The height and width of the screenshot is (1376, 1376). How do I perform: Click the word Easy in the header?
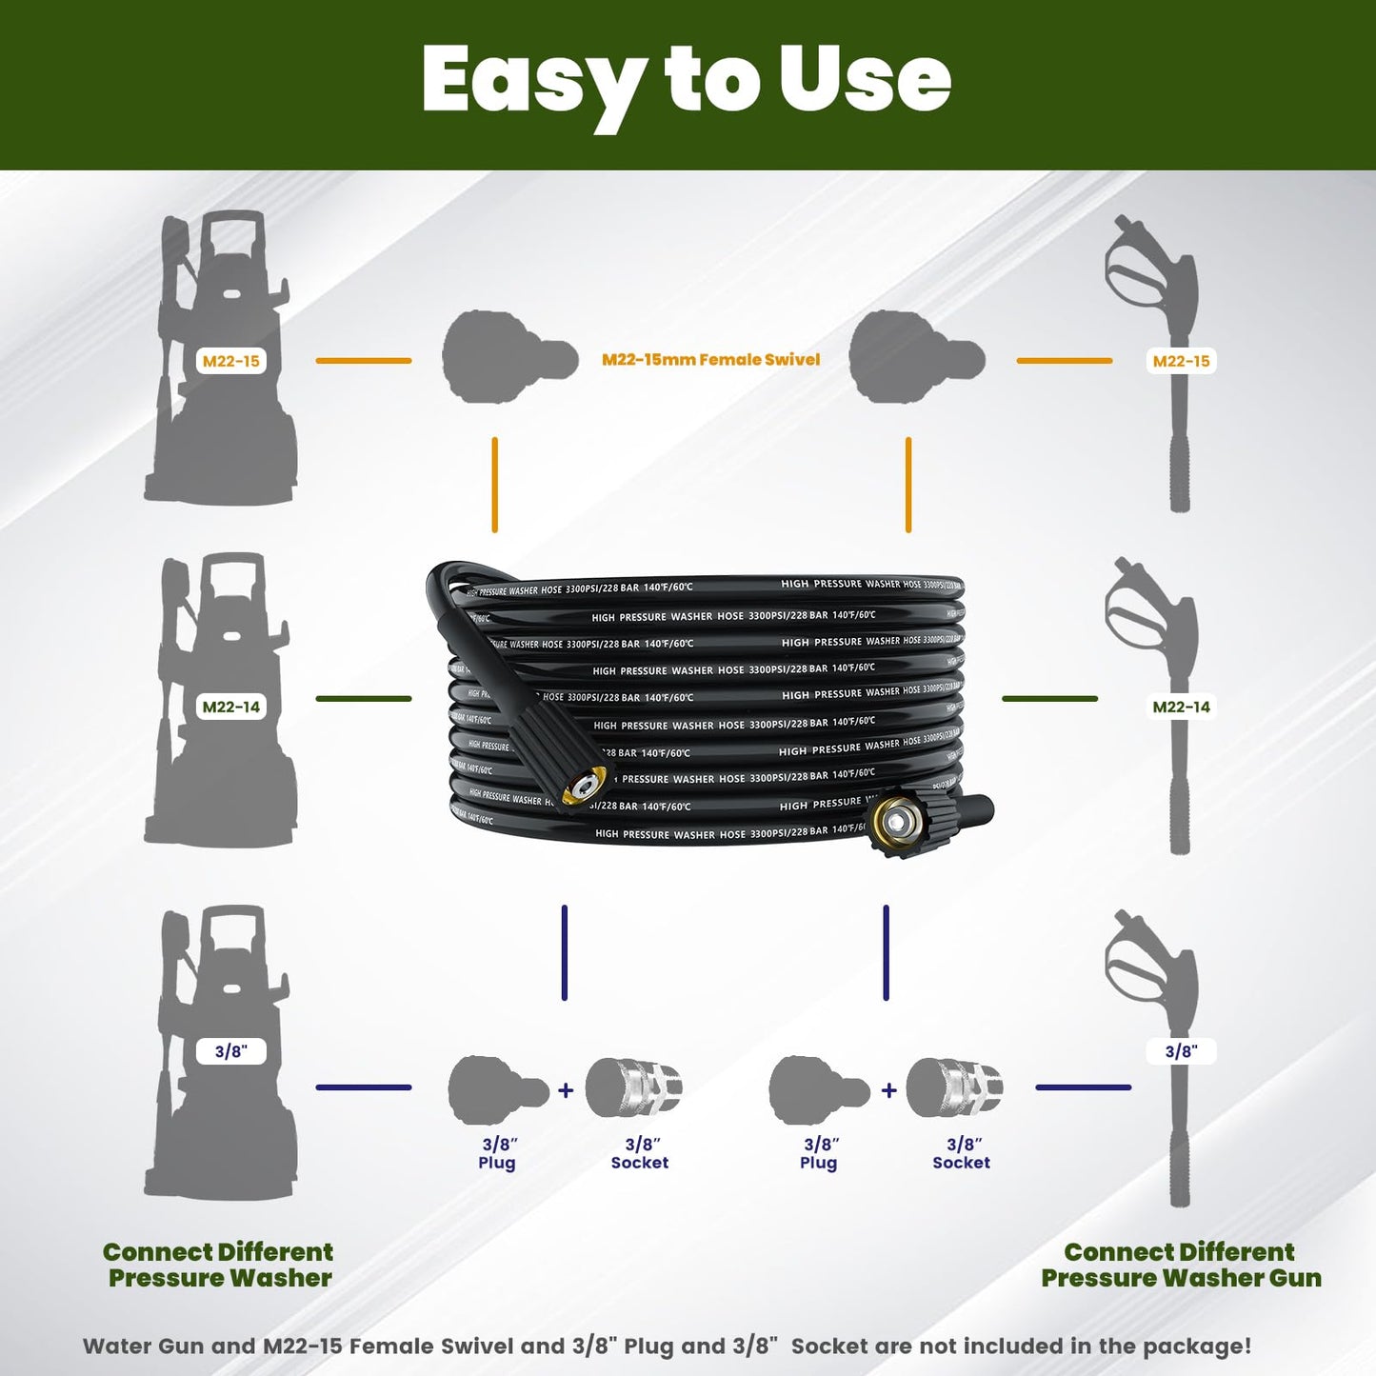533,81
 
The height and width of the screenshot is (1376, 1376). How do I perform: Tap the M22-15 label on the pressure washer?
230,361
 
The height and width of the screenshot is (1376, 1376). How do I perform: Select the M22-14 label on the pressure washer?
230,707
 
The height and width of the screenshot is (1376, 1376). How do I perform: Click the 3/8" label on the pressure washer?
230,1051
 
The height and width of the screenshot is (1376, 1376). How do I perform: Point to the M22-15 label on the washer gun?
1181,361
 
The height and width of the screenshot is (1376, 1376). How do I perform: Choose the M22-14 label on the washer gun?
1181,707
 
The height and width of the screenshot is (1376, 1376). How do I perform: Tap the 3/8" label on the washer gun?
1181,1051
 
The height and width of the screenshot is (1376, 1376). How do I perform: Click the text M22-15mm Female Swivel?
710,360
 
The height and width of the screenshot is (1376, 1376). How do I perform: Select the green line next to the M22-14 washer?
363,699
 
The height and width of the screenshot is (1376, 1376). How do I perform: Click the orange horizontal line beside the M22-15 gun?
1064,361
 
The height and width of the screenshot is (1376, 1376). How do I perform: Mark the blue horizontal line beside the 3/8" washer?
363,1087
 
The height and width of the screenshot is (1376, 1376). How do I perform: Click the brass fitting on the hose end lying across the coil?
583,787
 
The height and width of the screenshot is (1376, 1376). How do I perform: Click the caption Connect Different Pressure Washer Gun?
1181,1265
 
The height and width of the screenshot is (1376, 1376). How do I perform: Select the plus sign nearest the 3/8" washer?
566,1090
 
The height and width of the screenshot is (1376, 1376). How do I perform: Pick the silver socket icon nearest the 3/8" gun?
954,1087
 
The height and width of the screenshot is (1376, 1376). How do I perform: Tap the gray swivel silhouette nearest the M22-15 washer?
509,358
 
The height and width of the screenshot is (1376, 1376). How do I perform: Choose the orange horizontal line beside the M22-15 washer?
363,361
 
